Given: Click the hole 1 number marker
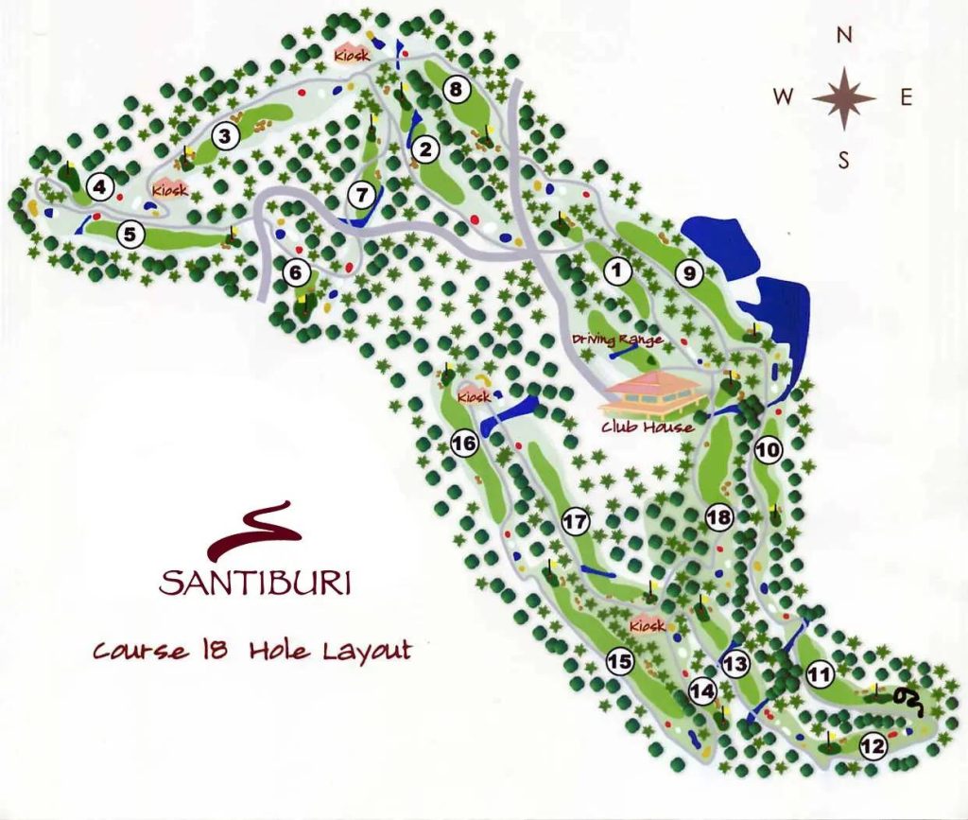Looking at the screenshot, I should [617, 272].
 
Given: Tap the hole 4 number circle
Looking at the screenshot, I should [99, 185].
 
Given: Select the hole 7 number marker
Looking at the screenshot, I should [361, 195].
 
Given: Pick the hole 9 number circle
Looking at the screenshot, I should [689, 273].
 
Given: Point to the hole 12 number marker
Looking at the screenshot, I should [873, 747].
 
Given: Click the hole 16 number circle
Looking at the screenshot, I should [464, 443].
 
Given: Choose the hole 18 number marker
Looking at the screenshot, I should [719, 516].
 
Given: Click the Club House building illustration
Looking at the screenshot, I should [655, 393].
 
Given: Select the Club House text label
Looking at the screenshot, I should [648, 427].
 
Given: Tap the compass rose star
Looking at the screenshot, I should [843, 97].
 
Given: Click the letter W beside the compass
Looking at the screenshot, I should [783, 96].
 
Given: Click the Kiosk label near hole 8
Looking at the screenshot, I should [350, 56].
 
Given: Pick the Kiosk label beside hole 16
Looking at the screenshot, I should [474, 396].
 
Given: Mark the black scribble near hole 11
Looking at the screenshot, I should [906, 698].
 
